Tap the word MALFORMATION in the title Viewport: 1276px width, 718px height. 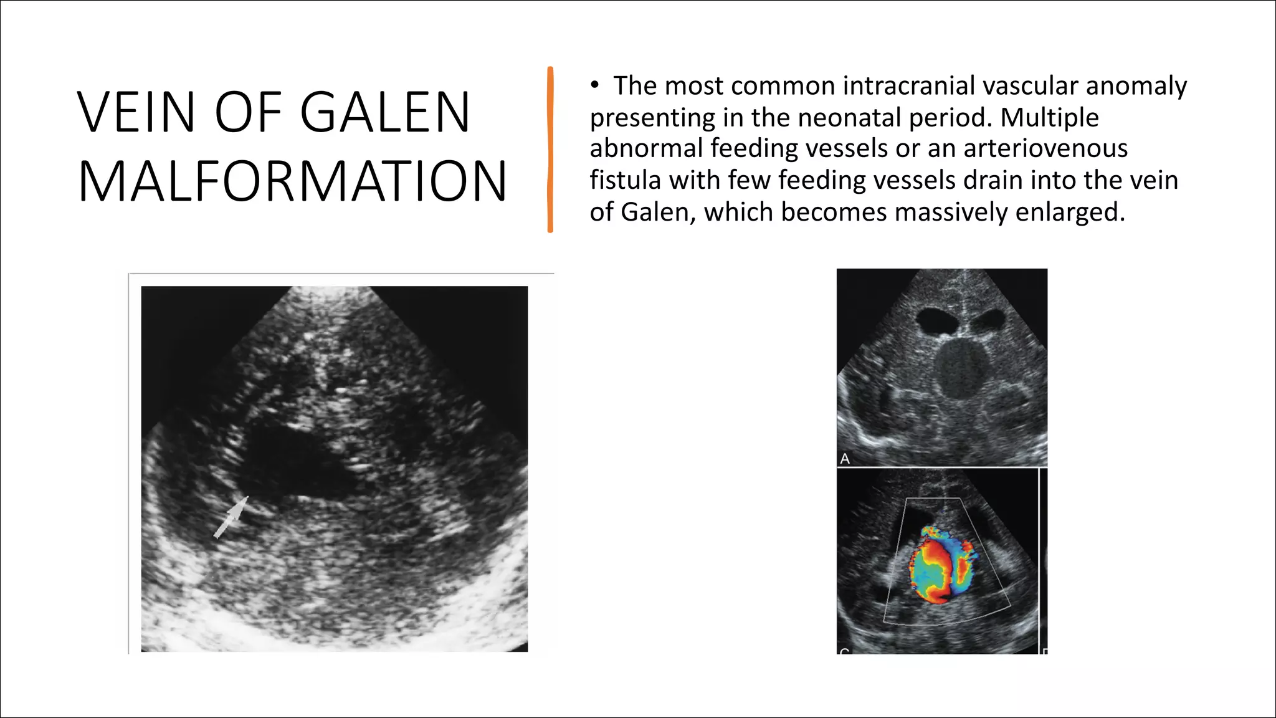pyautogui.click(x=292, y=181)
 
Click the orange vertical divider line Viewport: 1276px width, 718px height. pyautogui.click(x=550, y=150)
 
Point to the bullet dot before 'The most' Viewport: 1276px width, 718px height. pyautogui.click(x=595, y=85)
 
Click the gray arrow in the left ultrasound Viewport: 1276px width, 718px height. pyautogui.click(x=231, y=517)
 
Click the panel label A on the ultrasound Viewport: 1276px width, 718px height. pyautogui.click(x=845, y=459)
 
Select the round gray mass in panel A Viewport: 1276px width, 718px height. pyautogui.click(x=962, y=368)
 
